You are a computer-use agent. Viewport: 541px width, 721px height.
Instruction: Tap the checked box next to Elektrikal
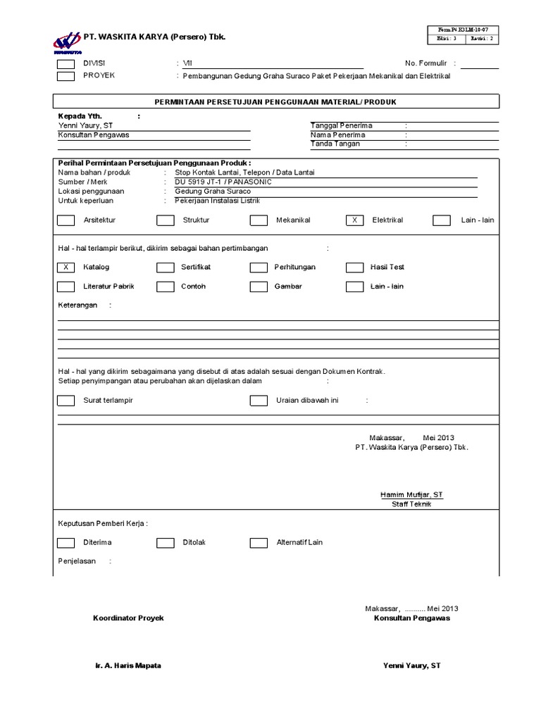pyautogui.click(x=355, y=220)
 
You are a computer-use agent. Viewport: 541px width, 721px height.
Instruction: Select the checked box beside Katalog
pyautogui.click(x=66, y=268)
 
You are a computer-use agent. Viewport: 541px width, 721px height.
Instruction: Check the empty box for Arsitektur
pyautogui.click(x=66, y=220)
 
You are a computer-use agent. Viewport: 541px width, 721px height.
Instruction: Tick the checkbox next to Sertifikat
pyautogui.click(x=165, y=268)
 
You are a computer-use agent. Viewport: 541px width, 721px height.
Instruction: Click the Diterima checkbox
pyautogui.click(x=66, y=543)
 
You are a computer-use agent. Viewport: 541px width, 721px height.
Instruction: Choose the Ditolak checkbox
pyautogui.click(x=165, y=543)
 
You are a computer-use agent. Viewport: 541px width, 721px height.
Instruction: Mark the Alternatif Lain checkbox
pyautogui.click(x=259, y=543)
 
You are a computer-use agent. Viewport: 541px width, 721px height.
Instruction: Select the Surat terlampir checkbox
pyautogui.click(x=66, y=401)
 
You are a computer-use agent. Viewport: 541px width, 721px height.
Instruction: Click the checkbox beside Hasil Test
pyautogui.click(x=355, y=268)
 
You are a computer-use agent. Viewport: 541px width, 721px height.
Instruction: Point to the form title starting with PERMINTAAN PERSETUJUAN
pyautogui.click(x=275, y=102)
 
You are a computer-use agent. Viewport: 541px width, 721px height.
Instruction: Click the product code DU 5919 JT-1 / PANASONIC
pyautogui.click(x=223, y=182)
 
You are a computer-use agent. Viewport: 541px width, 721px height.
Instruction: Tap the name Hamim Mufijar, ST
pyautogui.click(x=412, y=495)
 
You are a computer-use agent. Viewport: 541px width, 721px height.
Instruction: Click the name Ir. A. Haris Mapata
pyautogui.click(x=128, y=665)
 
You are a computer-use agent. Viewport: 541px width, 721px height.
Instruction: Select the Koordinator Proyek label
pyautogui.click(x=128, y=617)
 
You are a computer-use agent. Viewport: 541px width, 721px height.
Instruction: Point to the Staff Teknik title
pyautogui.click(x=412, y=504)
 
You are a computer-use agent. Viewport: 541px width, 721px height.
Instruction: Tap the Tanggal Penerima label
pyautogui.click(x=342, y=125)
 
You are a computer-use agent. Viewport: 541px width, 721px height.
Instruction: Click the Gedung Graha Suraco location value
pyautogui.click(x=212, y=191)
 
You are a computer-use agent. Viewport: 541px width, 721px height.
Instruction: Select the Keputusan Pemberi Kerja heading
pyautogui.click(x=102, y=524)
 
